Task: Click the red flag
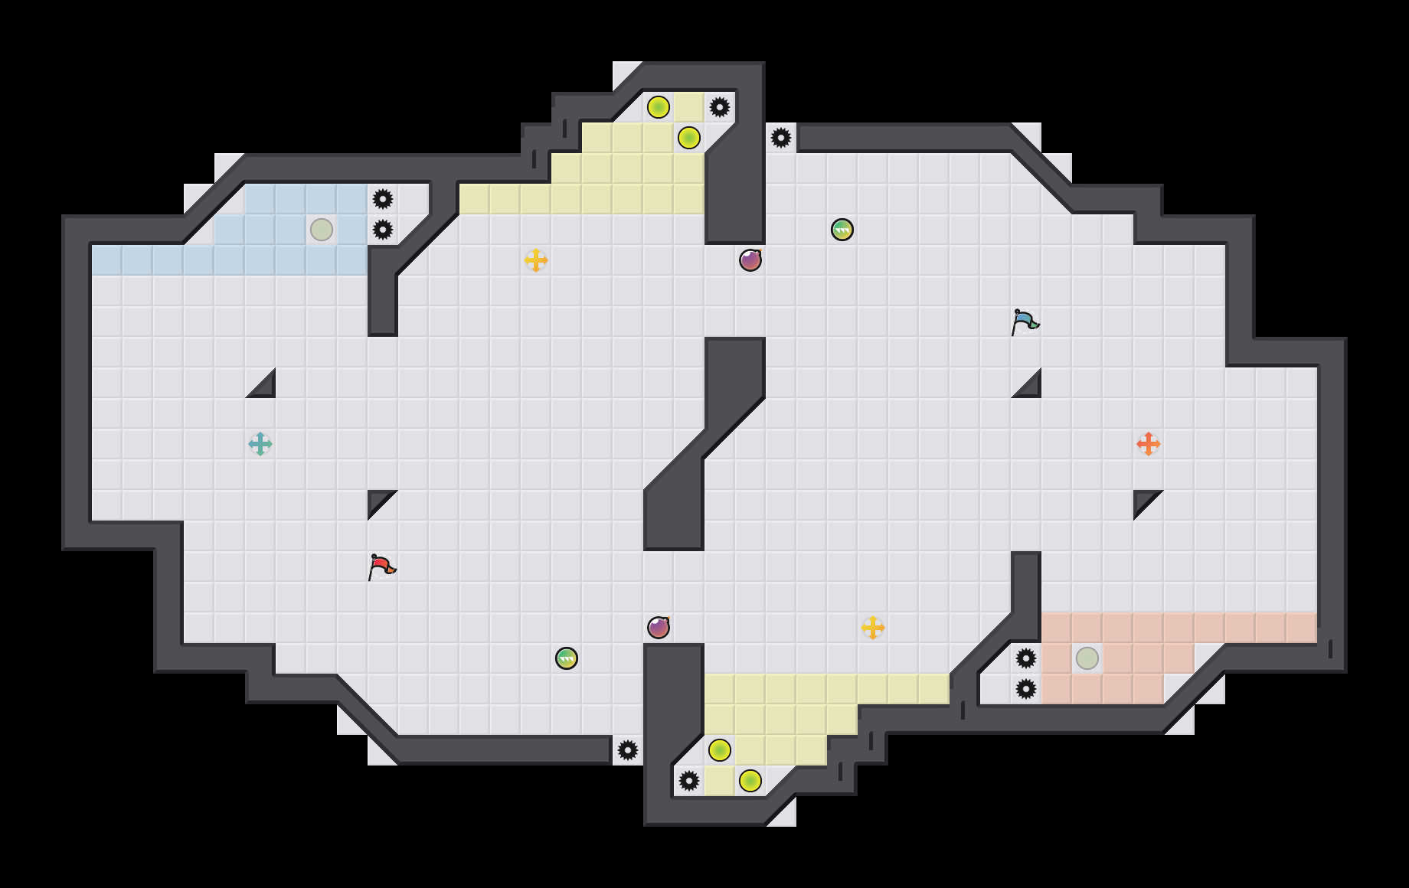coord(381,566)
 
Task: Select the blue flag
coord(1025,322)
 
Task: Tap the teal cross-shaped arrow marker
coord(260,444)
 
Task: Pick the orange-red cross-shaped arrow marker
coord(1149,444)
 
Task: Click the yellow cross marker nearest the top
coord(536,260)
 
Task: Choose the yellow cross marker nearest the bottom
coord(873,628)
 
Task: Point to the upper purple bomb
coord(750,260)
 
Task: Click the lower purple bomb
coord(659,628)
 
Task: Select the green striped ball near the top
coord(842,230)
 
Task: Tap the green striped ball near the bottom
coord(567,658)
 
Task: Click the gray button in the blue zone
coord(322,230)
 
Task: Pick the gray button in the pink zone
coord(1087,658)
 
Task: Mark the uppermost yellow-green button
coord(659,107)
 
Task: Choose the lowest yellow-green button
coord(750,781)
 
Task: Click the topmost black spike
coord(720,107)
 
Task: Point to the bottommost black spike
coord(689,781)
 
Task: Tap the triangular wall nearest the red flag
coord(378,500)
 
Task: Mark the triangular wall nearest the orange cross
coord(1143,500)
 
